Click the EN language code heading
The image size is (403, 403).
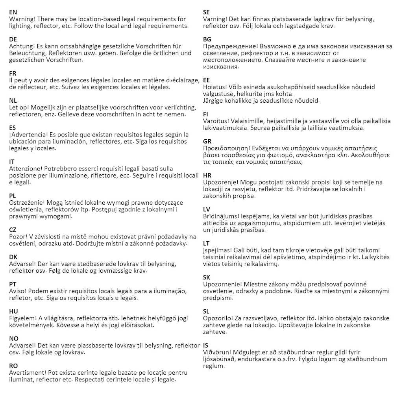[13, 12]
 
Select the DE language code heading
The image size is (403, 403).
[13, 39]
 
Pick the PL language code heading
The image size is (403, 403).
[13, 196]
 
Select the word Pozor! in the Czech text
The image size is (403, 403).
[18, 237]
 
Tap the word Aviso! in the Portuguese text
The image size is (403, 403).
[18, 291]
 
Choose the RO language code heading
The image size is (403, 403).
[13, 366]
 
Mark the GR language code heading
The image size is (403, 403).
[207, 141]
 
